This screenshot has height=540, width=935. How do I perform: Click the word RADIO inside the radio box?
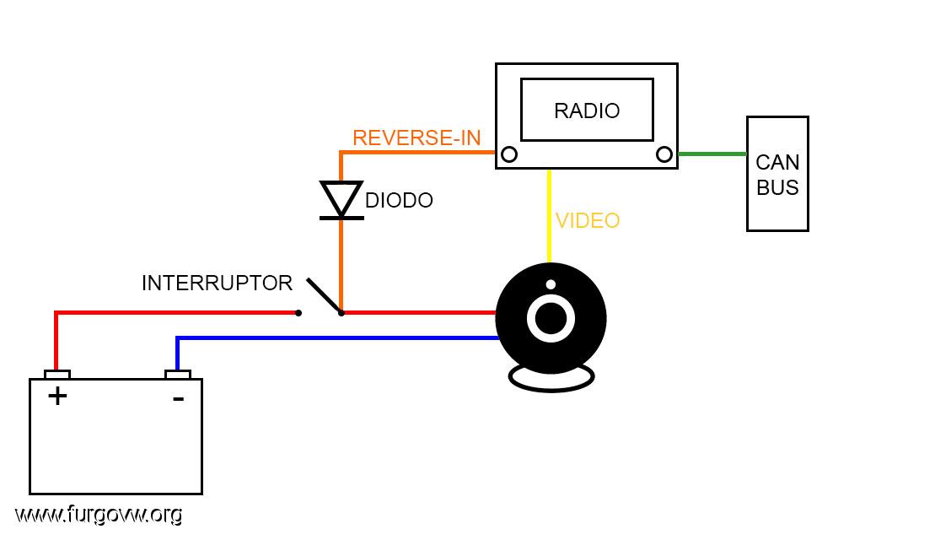point(587,111)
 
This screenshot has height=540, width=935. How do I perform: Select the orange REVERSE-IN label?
point(416,138)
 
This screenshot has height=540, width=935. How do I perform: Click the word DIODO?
point(399,201)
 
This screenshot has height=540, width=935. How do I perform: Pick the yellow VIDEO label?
point(588,221)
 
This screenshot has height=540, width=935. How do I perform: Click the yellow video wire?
point(549,216)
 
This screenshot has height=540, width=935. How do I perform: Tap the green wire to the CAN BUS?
point(712,154)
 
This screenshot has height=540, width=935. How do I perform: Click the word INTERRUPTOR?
point(217,283)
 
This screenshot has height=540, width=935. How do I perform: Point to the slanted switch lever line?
point(325,295)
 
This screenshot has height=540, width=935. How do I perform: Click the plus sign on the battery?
point(57,397)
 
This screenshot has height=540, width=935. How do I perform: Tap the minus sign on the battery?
point(178,398)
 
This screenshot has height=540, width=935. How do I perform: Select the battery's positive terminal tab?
point(57,375)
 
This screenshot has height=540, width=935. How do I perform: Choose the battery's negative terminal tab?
point(178,375)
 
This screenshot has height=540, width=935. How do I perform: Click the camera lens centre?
point(551,318)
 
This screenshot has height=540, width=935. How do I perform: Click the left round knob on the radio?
point(509,154)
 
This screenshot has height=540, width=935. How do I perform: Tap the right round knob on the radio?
point(664,154)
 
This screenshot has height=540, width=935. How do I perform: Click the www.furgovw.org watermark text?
point(99,515)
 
